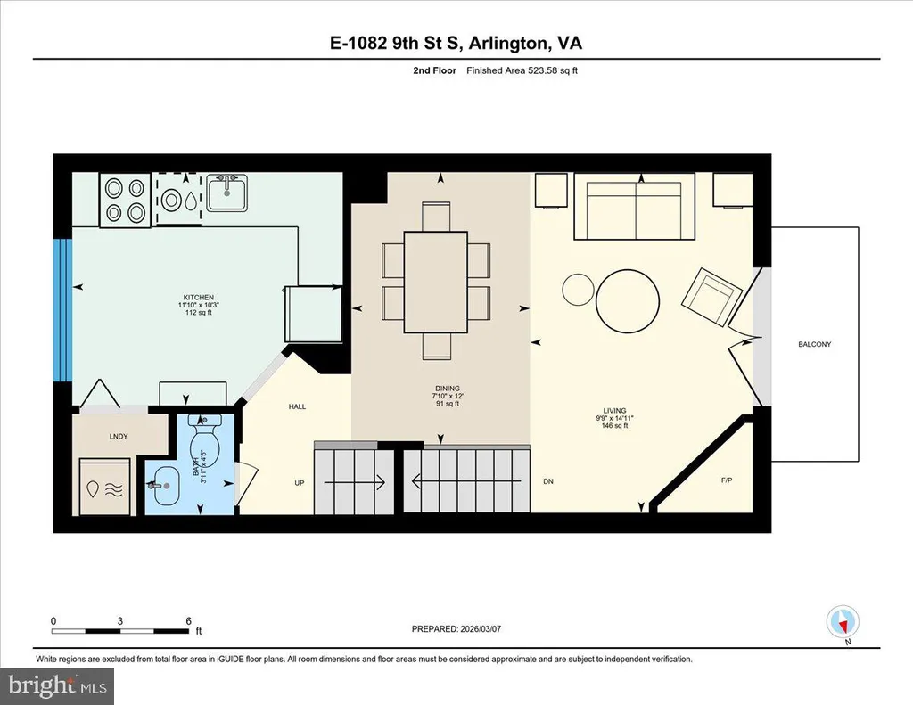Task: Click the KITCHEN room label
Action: coord(198,297)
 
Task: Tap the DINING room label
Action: coord(448,389)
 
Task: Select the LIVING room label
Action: coord(615,410)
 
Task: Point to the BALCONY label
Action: coord(815,344)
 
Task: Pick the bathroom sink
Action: coord(163,486)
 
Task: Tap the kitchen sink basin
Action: coord(227,193)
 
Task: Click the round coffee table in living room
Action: coord(629,300)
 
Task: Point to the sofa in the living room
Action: coord(634,206)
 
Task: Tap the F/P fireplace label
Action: coord(727,480)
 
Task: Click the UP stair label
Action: coord(300,482)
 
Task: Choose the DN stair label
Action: coord(548,481)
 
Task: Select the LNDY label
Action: coord(119,436)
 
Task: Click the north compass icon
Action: coord(843,623)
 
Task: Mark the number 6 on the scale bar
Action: coord(189,621)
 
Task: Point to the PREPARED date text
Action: coord(456,628)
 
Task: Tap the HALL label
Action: coord(297,406)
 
